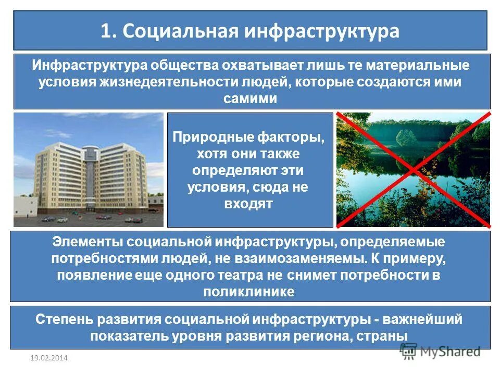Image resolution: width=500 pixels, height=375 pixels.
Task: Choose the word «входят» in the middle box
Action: point(249,204)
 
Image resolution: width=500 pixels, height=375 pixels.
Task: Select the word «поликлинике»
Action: point(249,291)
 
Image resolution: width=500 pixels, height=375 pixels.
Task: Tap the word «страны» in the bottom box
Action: point(383,335)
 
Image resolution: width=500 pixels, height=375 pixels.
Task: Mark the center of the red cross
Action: point(414,170)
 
